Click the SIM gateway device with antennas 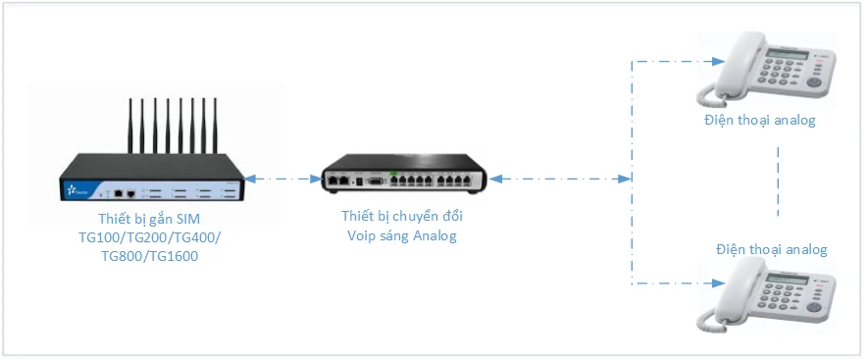pos(147,177)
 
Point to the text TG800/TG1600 pos(149,257)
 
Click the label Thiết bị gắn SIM pos(150,218)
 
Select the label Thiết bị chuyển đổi pos(401,217)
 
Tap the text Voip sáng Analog pos(401,236)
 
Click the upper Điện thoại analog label pos(759,121)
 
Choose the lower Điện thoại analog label pos(771,250)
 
